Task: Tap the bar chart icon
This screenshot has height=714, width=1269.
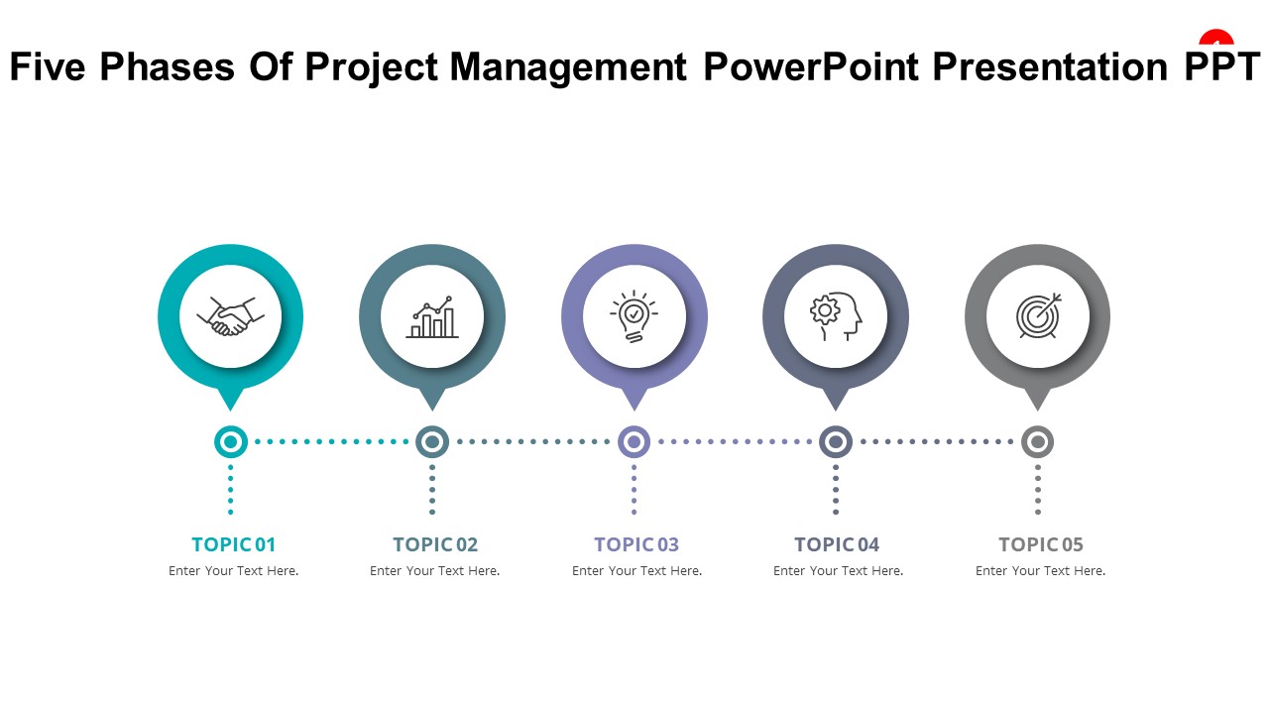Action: [x=432, y=317]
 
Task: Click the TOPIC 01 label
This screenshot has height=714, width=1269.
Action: [x=233, y=544]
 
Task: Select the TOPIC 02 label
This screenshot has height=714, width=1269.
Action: [x=435, y=544]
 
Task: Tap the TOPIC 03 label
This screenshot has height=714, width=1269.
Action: [x=636, y=544]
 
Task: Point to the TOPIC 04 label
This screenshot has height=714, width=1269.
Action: [x=837, y=544]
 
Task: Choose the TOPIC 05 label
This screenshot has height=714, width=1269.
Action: [x=1041, y=544]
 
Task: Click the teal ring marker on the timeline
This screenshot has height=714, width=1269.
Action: [x=230, y=441]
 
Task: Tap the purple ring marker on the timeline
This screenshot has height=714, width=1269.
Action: [x=634, y=441]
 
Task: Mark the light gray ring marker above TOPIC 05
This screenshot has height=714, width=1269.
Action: [x=1037, y=441]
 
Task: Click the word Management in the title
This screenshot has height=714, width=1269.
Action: [x=567, y=67]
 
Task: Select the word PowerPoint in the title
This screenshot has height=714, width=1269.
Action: [x=812, y=67]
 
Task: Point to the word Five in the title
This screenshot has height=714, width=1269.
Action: [x=48, y=67]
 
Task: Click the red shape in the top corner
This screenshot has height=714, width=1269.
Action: [x=1216, y=39]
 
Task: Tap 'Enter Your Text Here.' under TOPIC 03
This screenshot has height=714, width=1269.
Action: [x=636, y=571]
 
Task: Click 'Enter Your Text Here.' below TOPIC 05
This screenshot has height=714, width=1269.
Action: [x=1040, y=571]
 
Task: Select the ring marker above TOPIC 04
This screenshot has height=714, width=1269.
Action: [x=836, y=441]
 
